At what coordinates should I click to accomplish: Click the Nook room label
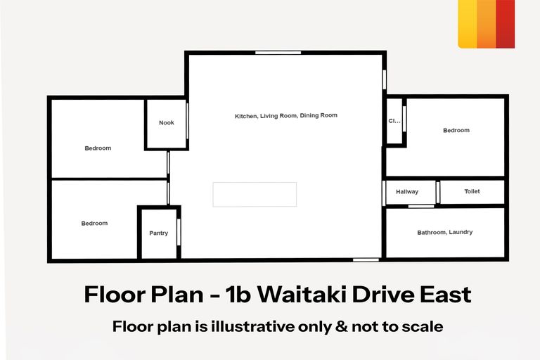(x=166, y=123)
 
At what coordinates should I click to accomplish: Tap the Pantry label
(x=159, y=233)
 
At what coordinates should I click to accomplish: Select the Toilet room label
(x=472, y=191)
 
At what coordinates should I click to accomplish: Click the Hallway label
(x=407, y=191)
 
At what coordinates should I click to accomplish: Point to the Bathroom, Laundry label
(x=444, y=232)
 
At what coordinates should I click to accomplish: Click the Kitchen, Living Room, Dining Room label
(x=286, y=115)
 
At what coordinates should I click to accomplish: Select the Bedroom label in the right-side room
(x=456, y=131)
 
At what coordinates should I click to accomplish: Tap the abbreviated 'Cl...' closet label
(x=394, y=121)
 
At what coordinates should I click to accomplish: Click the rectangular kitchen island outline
(x=255, y=194)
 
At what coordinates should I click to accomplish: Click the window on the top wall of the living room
(x=274, y=53)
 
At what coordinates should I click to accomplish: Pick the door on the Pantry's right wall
(x=179, y=232)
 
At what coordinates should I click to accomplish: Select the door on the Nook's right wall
(x=188, y=124)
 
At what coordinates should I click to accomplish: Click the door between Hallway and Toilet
(x=437, y=191)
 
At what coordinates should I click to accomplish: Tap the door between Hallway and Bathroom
(x=421, y=206)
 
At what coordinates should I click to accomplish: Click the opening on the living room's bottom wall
(x=366, y=260)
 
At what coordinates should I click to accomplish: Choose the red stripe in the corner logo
(x=505, y=24)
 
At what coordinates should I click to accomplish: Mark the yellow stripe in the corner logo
(x=467, y=24)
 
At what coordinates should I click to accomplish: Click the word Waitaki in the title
(x=299, y=294)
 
